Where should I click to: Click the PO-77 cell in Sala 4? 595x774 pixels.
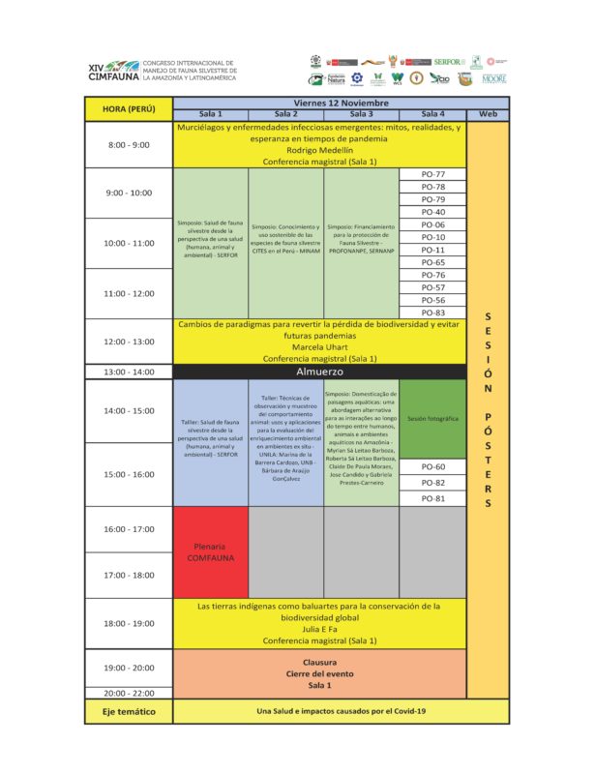coord(433,174)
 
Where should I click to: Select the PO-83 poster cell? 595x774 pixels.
coord(433,313)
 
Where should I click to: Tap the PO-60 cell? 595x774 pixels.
coord(433,466)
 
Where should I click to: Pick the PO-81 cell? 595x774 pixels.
coord(433,498)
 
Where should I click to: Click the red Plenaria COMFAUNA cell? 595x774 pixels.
coord(210,552)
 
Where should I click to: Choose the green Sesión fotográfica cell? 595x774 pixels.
coord(432,419)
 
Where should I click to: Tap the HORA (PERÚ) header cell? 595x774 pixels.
coord(128,108)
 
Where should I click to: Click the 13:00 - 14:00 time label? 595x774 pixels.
coord(128,372)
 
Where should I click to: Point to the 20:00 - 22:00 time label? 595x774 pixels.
coord(128,693)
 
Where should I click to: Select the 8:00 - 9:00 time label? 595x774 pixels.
coord(128,144)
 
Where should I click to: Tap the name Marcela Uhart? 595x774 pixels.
coord(319,346)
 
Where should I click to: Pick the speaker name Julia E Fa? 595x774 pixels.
coord(319,628)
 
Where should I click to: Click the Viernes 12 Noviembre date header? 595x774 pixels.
coord(341,102)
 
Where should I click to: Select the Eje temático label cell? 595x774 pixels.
coord(128,711)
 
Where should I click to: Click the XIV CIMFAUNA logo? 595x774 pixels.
coord(113,70)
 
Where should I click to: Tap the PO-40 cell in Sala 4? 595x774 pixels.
coord(433,212)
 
